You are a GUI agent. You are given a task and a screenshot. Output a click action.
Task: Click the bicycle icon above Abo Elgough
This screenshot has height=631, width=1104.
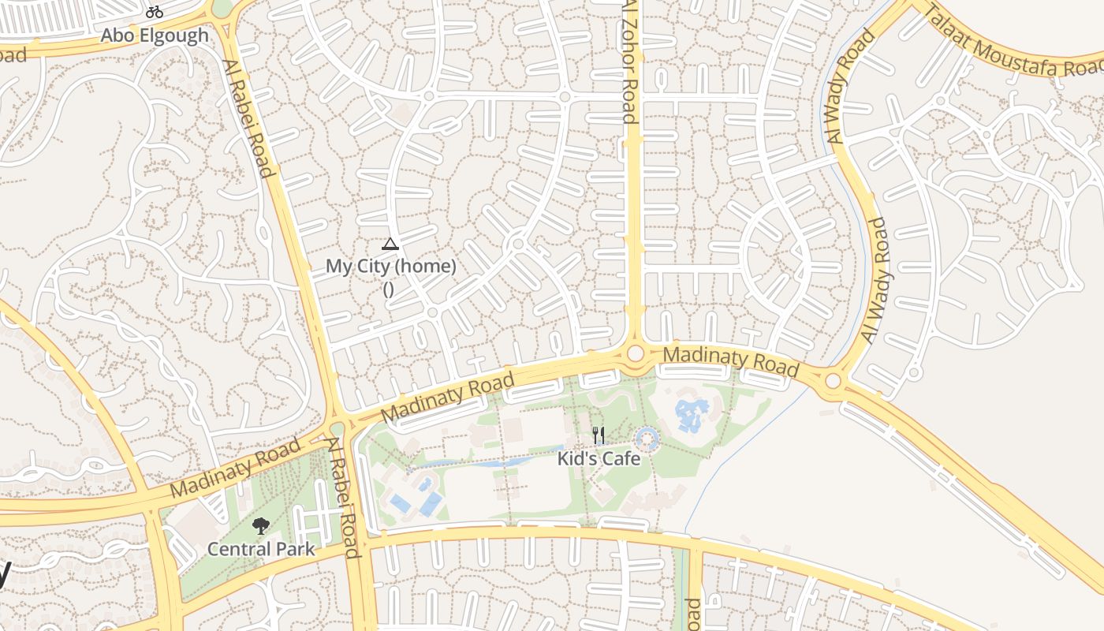click(155, 12)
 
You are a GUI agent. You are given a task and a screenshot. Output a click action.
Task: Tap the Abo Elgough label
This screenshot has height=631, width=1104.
click(155, 35)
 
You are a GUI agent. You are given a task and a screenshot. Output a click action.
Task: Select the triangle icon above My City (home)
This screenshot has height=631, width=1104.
click(390, 244)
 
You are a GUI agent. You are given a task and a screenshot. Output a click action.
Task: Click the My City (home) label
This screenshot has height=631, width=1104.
click(391, 267)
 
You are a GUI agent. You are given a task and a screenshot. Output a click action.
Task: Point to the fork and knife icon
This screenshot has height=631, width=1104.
click(599, 435)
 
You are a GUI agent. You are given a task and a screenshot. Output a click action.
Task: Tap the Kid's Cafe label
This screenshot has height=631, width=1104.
click(599, 457)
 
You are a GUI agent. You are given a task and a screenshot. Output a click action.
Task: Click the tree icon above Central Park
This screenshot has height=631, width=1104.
click(260, 526)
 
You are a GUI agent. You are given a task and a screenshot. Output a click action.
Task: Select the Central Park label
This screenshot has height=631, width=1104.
click(261, 549)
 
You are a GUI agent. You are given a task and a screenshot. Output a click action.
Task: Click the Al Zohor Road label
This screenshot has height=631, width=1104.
click(629, 62)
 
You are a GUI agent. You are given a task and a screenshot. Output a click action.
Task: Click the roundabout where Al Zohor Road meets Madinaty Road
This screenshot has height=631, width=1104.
click(636, 353)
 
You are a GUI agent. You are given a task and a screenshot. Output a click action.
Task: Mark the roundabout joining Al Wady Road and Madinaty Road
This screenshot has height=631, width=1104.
click(834, 382)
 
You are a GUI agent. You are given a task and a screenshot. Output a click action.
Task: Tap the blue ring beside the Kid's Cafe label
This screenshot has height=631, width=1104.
click(647, 439)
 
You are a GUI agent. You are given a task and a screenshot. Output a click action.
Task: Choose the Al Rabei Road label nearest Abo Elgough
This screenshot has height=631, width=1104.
click(248, 118)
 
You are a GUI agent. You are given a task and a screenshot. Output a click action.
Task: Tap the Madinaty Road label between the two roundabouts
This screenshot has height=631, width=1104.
click(731, 362)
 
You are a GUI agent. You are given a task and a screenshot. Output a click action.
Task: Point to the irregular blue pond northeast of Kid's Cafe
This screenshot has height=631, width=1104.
click(691, 414)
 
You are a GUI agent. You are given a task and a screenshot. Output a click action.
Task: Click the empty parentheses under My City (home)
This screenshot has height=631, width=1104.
click(388, 289)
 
